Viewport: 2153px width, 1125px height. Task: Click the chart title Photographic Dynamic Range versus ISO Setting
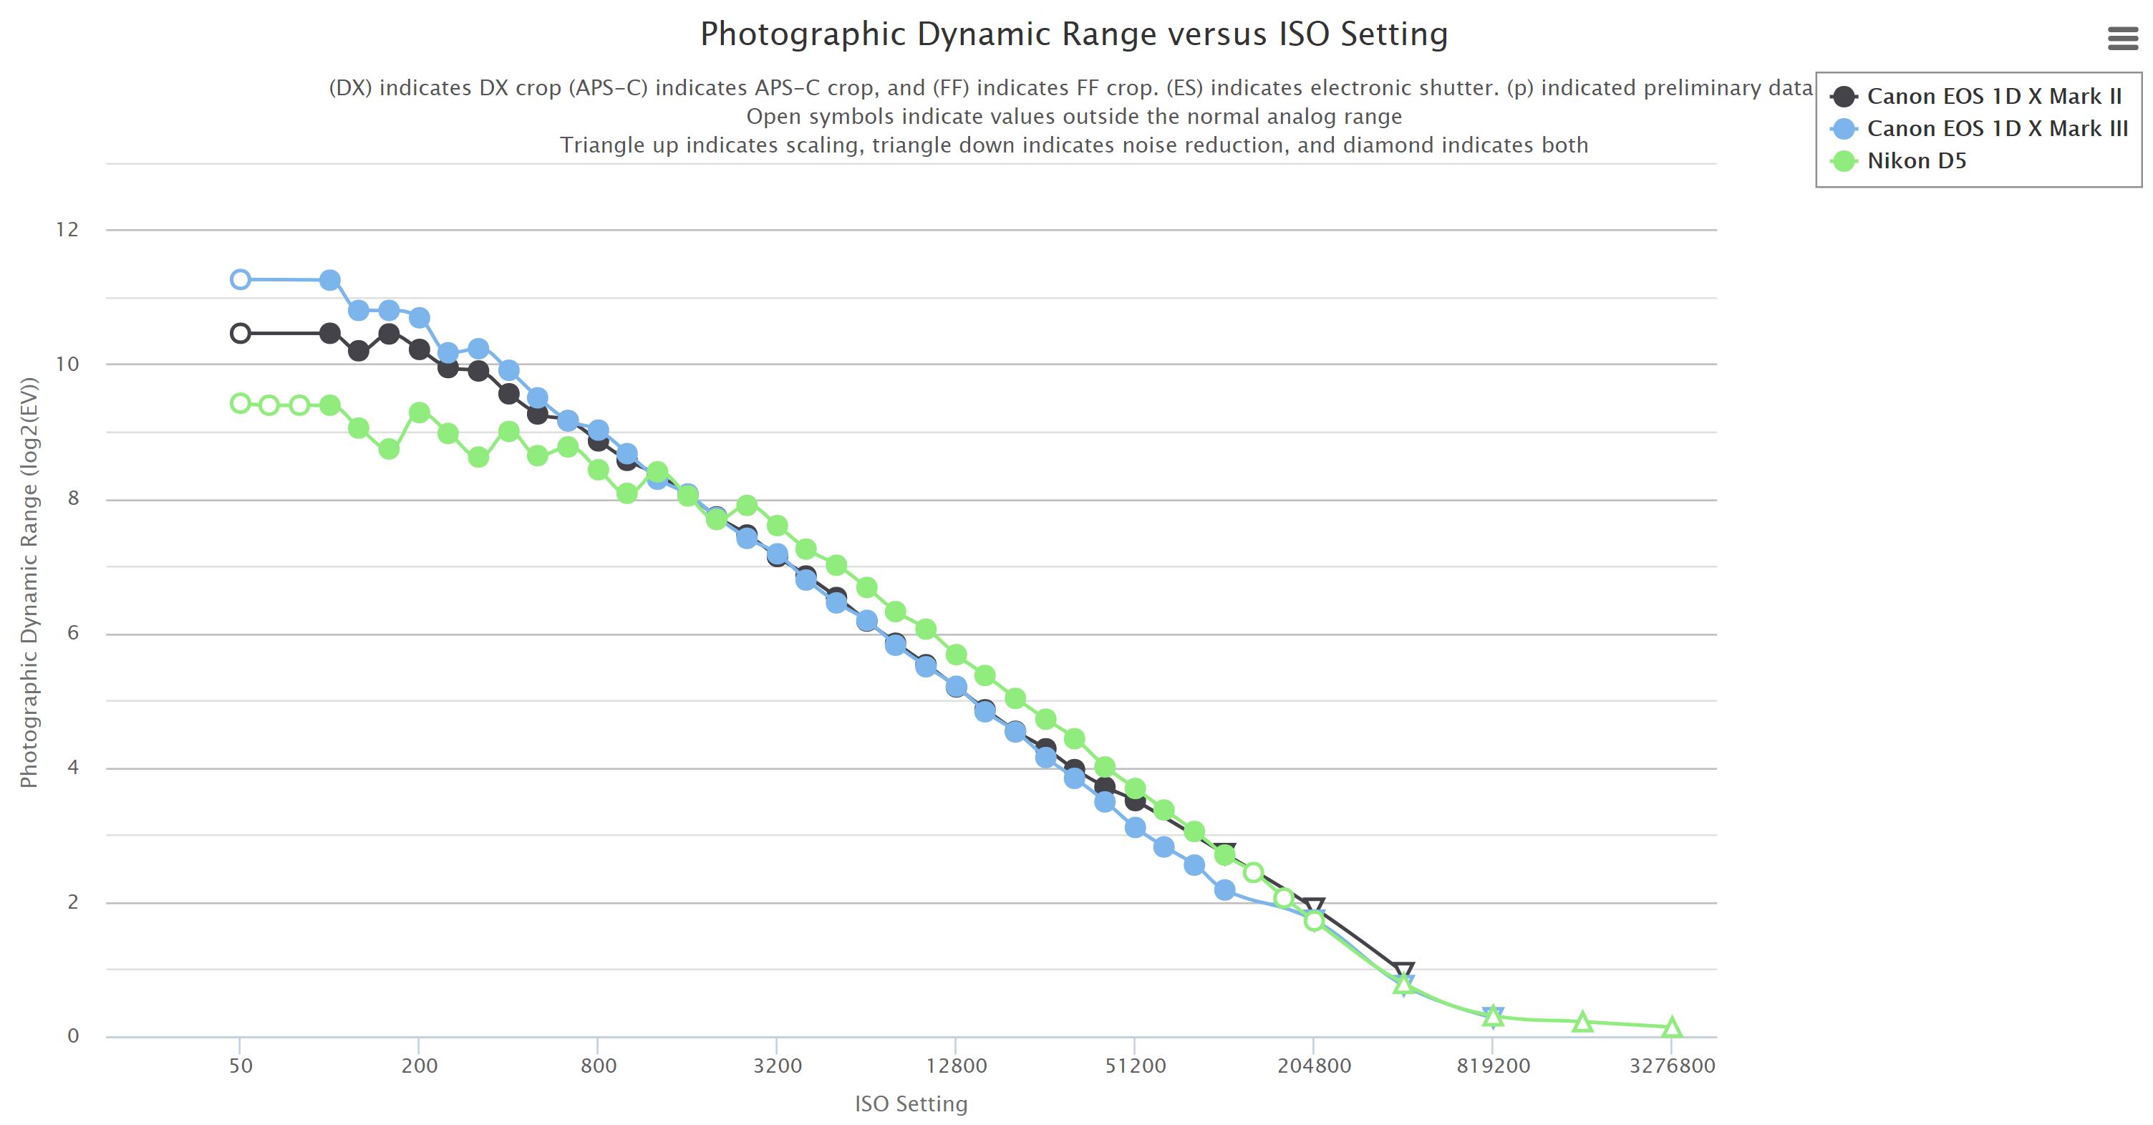coord(1073,34)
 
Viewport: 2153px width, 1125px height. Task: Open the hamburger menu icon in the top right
coord(2123,39)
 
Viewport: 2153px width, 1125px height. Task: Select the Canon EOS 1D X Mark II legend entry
coord(1993,97)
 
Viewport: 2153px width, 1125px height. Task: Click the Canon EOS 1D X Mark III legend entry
coord(1997,129)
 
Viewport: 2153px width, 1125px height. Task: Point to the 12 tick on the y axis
coord(67,230)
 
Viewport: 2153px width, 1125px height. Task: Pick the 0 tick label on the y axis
coord(73,1036)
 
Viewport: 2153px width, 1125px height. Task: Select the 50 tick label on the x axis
coord(240,1066)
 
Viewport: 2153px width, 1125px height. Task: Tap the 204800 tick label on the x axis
coord(1313,1066)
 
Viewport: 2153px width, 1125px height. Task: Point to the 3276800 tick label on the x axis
coord(1672,1066)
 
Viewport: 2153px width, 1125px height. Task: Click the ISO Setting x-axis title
coord(910,1104)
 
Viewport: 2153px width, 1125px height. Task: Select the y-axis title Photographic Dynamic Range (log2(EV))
coord(29,583)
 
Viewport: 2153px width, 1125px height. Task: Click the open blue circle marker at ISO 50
coord(240,279)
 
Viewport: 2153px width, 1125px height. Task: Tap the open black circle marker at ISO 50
coord(240,334)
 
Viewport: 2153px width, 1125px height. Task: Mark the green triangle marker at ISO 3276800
coord(1672,1027)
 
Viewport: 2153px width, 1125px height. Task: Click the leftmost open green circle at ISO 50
coord(240,404)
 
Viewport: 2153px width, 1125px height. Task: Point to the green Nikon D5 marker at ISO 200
coord(420,413)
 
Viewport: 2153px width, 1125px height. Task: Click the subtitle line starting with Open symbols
coord(1073,117)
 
